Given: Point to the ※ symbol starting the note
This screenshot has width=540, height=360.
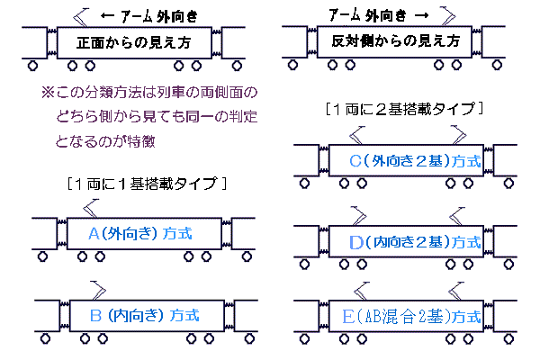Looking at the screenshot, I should tap(48, 93).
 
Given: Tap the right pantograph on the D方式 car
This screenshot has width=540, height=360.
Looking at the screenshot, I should tap(452, 215).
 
